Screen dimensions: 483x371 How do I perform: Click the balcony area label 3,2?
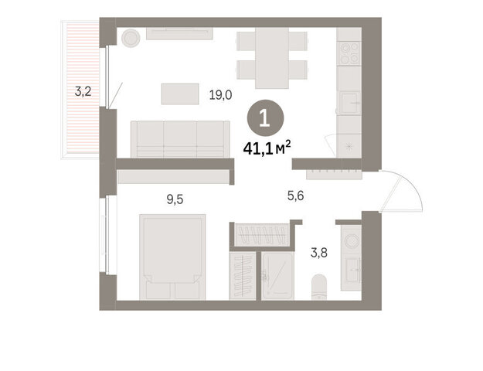pyautogui.click(x=83, y=91)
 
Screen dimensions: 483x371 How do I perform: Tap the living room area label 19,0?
pyautogui.click(x=220, y=95)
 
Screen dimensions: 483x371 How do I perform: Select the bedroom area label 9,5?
pyautogui.click(x=175, y=199)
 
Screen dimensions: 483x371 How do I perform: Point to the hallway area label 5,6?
pyautogui.click(x=295, y=196)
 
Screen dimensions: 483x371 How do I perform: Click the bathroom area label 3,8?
pyautogui.click(x=319, y=253)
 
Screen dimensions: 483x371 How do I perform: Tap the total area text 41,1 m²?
pyautogui.click(x=267, y=148)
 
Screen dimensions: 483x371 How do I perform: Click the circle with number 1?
pyautogui.click(x=265, y=118)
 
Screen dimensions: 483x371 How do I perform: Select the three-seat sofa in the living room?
pyautogui.click(x=180, y=139)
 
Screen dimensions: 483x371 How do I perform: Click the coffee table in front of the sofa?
pyautogui.click(x=180, y=94)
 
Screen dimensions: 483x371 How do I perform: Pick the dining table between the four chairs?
pyautogui.click(x=272, y=58)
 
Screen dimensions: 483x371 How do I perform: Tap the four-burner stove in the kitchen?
pyautogui.click(x=349, y=53)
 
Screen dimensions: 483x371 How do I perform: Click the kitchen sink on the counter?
pyautogui.click(x=349, y=103)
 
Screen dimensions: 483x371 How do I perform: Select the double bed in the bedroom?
pyautogui.click(x=172, y=257)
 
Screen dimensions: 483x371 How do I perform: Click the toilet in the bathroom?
pyautogui.click(x=319, y=287)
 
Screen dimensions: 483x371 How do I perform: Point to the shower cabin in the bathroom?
pyautogui.click(x=277, y=276)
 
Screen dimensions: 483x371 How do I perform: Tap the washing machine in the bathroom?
pyautogui.click(x=352, y=240)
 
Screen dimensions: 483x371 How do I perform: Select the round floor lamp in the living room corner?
pyautogui.click(x=131, y=38)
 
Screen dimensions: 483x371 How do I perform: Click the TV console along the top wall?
pyautogui.click(x=179, y=33)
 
